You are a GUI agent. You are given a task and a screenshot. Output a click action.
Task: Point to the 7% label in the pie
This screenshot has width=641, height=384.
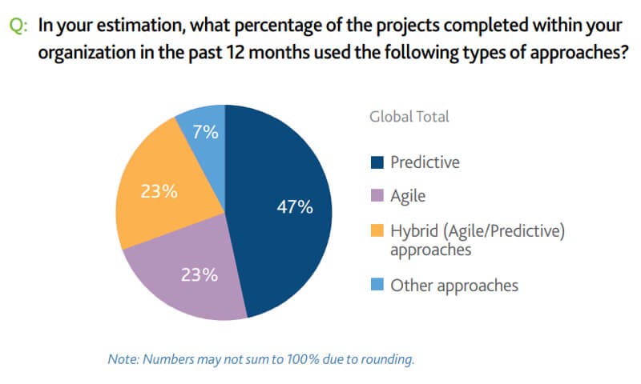tap(206, 132)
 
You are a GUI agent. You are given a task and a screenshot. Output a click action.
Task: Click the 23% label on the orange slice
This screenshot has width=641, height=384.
tap(159, 192)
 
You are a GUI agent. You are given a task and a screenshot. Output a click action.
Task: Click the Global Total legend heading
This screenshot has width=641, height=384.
tap(409, 116)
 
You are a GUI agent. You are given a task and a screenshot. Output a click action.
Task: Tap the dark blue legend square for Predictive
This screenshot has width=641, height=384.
tap(377, 162)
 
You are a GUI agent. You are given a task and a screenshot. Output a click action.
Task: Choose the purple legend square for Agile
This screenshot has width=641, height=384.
tap(377, 197)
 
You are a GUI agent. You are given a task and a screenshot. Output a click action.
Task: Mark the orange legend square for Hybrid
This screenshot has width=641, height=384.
tap(377, 231)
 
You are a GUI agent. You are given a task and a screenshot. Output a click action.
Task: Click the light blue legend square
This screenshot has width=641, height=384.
tap(377, 285)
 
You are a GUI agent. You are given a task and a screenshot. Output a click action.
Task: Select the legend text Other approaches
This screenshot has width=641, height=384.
tap(454, 285)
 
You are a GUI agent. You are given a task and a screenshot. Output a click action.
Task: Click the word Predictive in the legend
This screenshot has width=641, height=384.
tap(425, 162)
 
